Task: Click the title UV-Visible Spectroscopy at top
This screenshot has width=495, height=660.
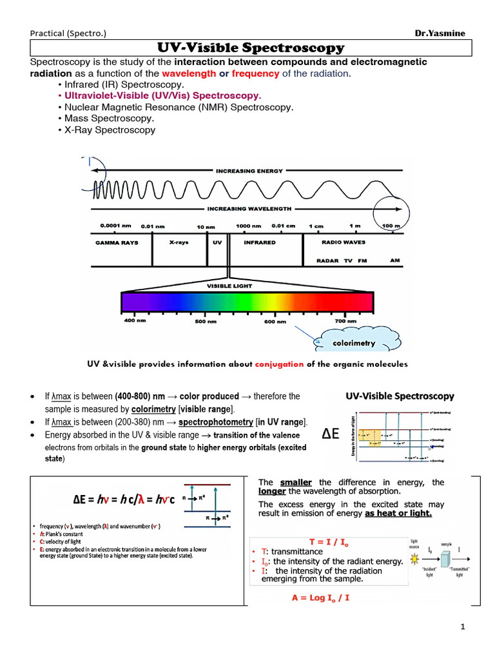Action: click(x=251, y=48)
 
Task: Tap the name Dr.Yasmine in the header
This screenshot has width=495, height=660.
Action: click(x=442, y=34)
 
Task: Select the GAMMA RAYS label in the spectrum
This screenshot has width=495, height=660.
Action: click(x=117, y=242)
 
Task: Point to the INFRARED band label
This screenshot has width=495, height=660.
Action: click(x=260, y=242)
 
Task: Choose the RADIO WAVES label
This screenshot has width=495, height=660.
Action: click(x=344, y=242)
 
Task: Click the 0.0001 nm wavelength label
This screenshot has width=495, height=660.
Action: click(x=115, y=226)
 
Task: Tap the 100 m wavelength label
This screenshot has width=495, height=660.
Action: click(x=391, y=226)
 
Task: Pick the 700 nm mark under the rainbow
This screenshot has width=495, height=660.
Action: click(x=345, y=320)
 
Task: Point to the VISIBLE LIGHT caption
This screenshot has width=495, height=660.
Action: click(x=230, y=285)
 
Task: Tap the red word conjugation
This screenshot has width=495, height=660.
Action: click(x=279, y=364)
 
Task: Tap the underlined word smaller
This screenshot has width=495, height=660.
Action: click(x=296, y=482)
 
